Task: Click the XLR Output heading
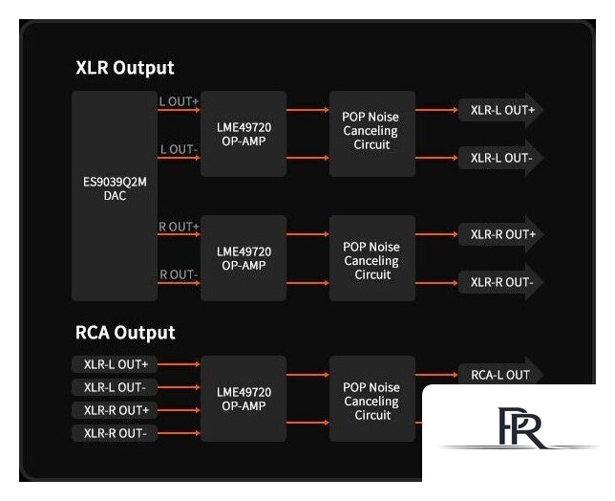click(x=125, y=68)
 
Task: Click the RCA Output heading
click(x=125, y=333)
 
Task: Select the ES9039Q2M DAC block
click(x=115, y=196)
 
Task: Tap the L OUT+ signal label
click(x=179, y=101)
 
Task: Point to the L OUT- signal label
click(x=179, y=149)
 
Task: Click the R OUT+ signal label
click(x=179, y=227)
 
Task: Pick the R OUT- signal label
click(x=179, y=274)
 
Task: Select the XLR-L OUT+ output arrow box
click(x=500, y=110)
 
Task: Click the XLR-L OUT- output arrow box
click(x=500, y=158)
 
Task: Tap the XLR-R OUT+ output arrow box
click(x=500, y=234)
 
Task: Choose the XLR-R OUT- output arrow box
click(x=500, y=282)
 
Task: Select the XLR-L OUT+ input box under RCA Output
click(x=115, y=364)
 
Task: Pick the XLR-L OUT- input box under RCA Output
click(x=115, y=387)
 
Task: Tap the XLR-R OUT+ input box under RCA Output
click(x=115, y=410)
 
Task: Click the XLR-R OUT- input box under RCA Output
click(x=115, y=433)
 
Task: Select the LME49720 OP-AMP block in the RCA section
click(x=244, y=399)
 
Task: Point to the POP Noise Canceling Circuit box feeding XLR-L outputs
click(x=372, y=134)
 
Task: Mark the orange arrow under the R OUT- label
click(x=179, y=283)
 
